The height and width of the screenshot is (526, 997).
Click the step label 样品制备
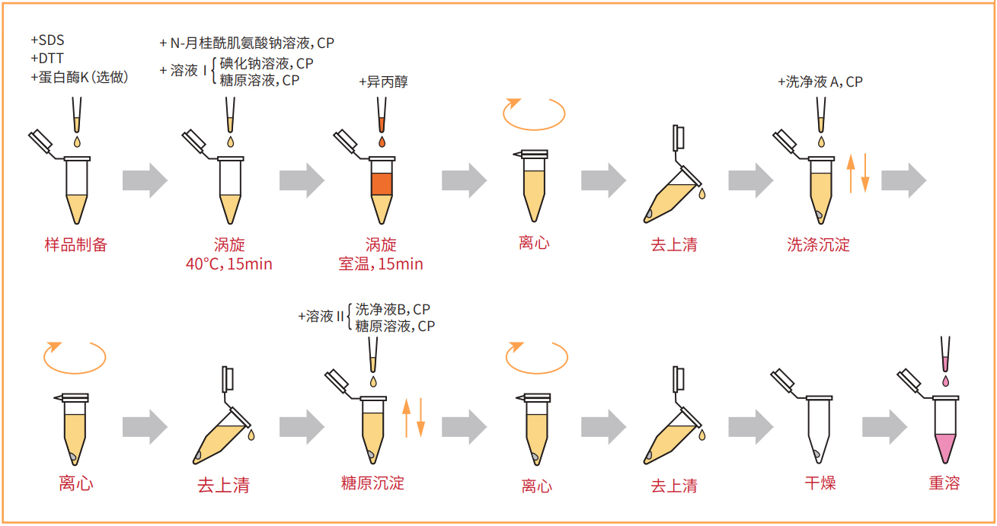(76, 244)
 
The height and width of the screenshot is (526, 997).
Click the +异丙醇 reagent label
(383, 81)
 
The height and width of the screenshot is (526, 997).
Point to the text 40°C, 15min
(229, 264)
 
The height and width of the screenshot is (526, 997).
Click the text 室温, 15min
(381, 264)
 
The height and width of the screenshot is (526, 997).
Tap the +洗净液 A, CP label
(820, 81)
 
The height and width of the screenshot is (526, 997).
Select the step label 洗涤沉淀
(818, 244)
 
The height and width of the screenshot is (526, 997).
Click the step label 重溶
(944, 483)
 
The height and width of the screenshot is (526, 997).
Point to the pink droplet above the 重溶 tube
(945, 378)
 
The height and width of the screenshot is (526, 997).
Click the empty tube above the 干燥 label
(817, 430)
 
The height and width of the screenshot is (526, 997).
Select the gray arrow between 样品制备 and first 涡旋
(145, 180)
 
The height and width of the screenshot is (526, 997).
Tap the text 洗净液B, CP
(393, 309)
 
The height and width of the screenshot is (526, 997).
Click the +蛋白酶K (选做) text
(79, 77)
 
